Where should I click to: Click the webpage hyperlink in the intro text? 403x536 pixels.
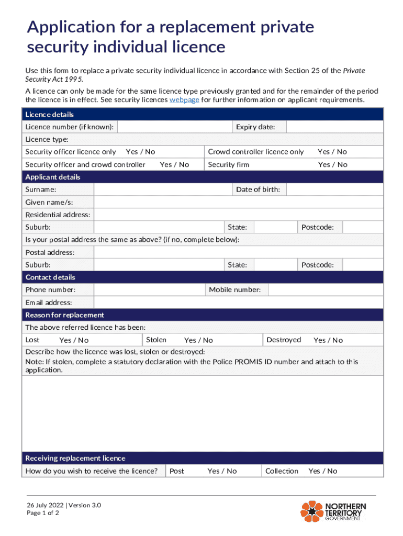tap(184, 99)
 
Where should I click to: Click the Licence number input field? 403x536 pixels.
tap(174, 127)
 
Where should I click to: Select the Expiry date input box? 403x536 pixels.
tap(334, 127)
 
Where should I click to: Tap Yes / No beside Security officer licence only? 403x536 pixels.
tap(140, 152)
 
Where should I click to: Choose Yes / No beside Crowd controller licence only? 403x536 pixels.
tap(332, 152)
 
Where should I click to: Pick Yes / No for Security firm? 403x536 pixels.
tap(332, 164)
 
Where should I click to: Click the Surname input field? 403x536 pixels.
tap(163, 189)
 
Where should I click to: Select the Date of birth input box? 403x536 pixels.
tap(334, 189)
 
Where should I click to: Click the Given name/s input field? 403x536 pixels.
tap(238, 202)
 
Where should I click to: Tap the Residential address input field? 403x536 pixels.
tap(238, 215)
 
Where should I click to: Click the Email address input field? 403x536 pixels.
tap(238, 303)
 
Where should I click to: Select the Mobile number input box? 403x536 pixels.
tap(325, 290)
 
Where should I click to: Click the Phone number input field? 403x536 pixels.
tap(149, 290)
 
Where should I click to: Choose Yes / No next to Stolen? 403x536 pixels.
tap(198, 340)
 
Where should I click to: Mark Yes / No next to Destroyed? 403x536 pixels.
tap(328, 340)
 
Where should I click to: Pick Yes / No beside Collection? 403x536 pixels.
tap(323, 471)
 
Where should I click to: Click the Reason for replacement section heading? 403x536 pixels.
tap(65, 315)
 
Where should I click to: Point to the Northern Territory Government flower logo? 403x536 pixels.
tap(311, 511)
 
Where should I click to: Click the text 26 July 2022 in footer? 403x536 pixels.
tap(46, 505)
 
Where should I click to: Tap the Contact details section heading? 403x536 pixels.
tap(50, 277)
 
